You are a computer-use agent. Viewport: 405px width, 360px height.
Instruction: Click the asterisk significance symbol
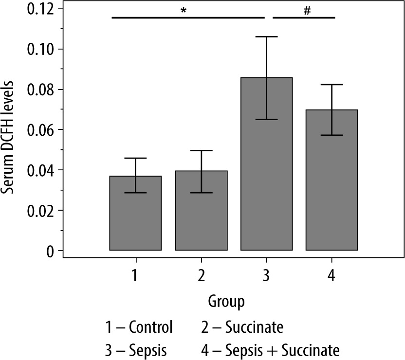click(184, 11)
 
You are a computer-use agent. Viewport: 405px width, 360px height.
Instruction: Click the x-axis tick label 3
click(266, 275)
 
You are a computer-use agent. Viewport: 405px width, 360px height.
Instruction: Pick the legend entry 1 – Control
click(138, 326)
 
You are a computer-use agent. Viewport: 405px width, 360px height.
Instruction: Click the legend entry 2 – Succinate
click(242, 326)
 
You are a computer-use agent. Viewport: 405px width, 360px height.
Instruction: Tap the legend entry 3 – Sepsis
click(135, 350)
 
